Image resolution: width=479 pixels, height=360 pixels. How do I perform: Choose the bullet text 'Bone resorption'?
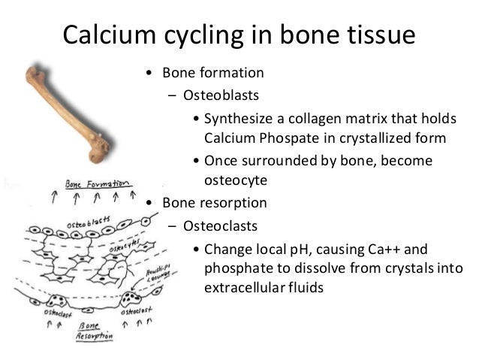pyautogui.click(x=218, y=202)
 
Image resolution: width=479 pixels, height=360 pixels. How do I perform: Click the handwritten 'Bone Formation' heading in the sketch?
pyautogui.click(x=98, y=183)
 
